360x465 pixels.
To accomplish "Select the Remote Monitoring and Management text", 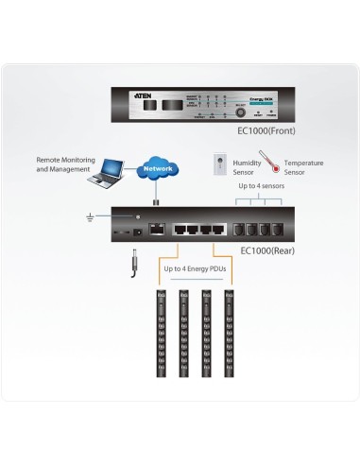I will pos(62,164).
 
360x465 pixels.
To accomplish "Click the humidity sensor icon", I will pos(219,164).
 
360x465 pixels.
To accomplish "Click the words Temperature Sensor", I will pos(303,167).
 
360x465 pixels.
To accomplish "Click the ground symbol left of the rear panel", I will pos(90,218).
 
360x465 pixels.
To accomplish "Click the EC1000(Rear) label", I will pos(268,250).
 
